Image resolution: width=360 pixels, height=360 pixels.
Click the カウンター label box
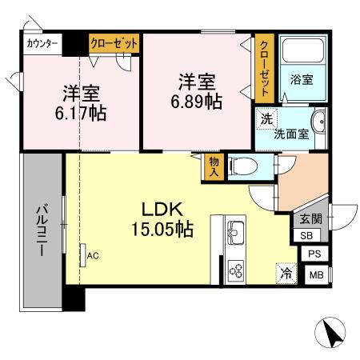(x=42, y=43)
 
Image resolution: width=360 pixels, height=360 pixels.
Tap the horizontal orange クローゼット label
(x=114, y=43)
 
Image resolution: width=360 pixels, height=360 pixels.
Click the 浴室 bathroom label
(x=301, y=81)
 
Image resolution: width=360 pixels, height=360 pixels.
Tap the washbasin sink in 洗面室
(x=318, y=127)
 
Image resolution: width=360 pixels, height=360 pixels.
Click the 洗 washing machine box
(x=265, y=117)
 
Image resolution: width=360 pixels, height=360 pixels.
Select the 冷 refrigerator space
(x=286, y=272)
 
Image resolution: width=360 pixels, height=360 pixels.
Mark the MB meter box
(x=316, y=276)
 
